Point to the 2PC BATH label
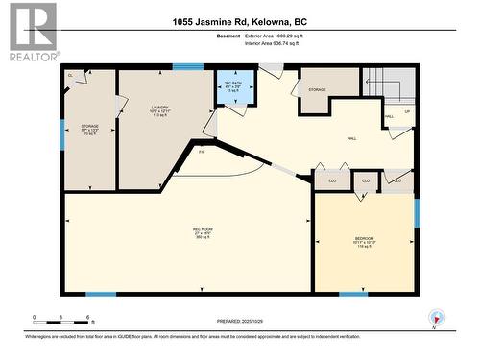233,86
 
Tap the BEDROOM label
365,239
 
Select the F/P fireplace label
202,152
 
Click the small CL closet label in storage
70,74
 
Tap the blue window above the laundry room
188,66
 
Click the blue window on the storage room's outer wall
62,134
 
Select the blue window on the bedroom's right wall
417,212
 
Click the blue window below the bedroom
353,294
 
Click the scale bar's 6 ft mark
88,316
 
